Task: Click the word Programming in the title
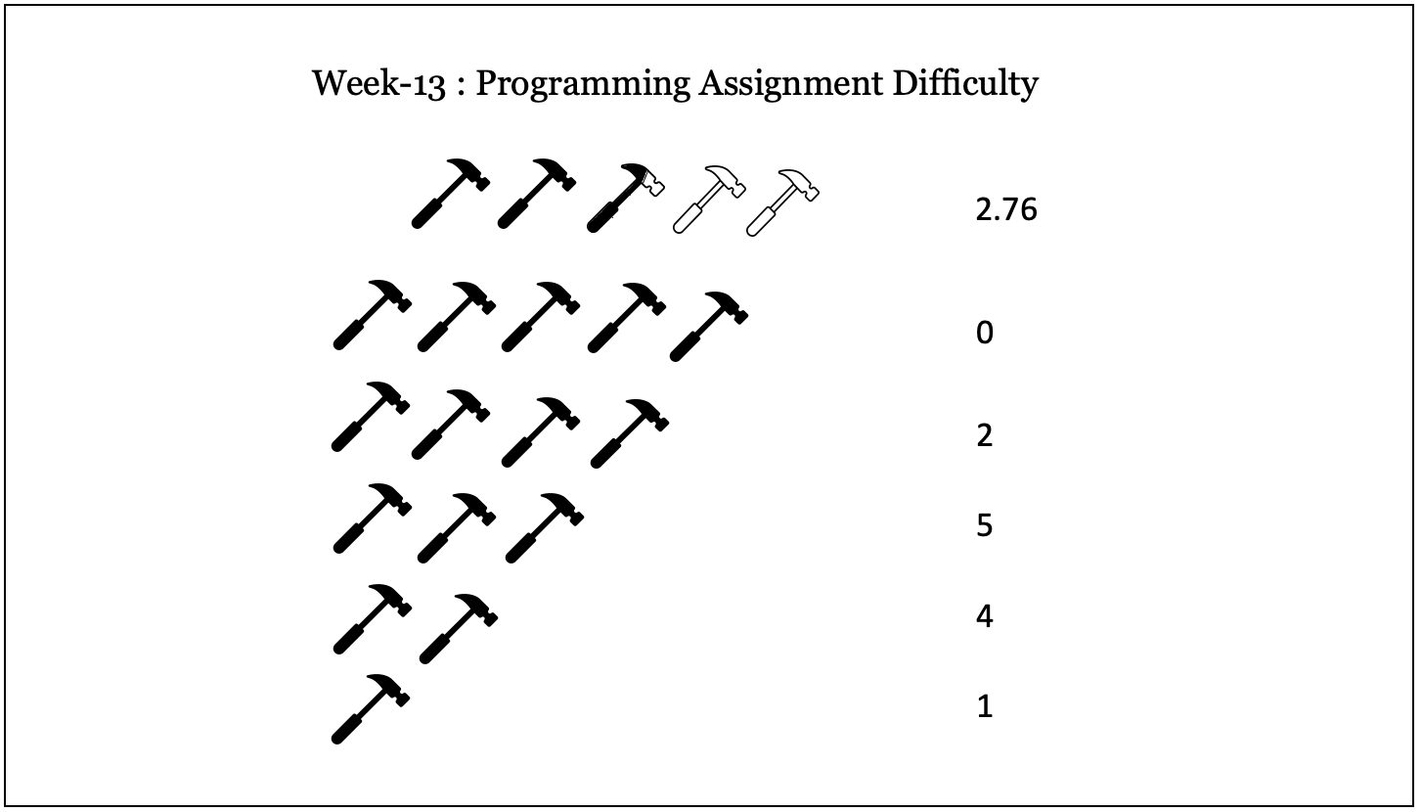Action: [x=586, y=84]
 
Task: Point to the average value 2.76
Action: [x=1005, y=209]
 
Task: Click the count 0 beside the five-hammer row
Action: [x=984, y=334]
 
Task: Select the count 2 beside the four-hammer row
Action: [x=984, y=435]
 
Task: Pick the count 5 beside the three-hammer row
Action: [x=984, y=526]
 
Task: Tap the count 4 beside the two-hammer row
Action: [x=984, y=617]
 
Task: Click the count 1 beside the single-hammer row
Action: [x=984, y=706]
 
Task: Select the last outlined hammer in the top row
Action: [x=782, y=202]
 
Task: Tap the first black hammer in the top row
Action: [x=450, y=193]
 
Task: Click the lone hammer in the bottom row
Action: [x=370, y=708]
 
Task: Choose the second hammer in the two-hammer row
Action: [x=458, y=627]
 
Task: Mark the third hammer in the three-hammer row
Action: [x=544, y=527]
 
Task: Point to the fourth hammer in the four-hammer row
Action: [x=630, y=433]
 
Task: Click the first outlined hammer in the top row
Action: [x=709, y=198]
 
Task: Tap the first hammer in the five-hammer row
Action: [x=372, y=314]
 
